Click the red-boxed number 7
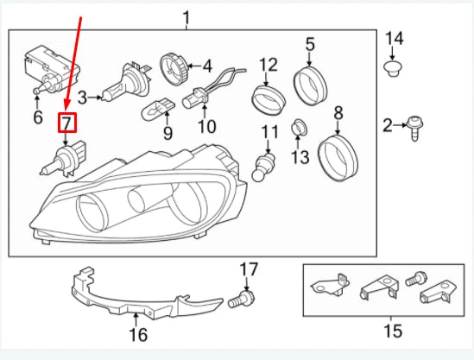click(67, 123)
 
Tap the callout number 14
click(394, 39)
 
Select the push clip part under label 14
click(392, 68)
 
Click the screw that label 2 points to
click(415, 128)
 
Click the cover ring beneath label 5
click(310, 85)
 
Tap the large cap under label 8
click(338, 158)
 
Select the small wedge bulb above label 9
click(158, 109)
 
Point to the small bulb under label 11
click(262, 167)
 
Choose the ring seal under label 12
click(269, 101)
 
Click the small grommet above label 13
click(299, 128)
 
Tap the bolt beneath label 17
click(241, 300)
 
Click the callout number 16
click(138, 334)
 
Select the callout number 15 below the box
click(394, 331)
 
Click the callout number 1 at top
click(186, 18)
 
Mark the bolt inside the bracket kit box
click(415, 279)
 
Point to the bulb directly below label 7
click(63, 159)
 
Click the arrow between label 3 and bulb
click(96, 98)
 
